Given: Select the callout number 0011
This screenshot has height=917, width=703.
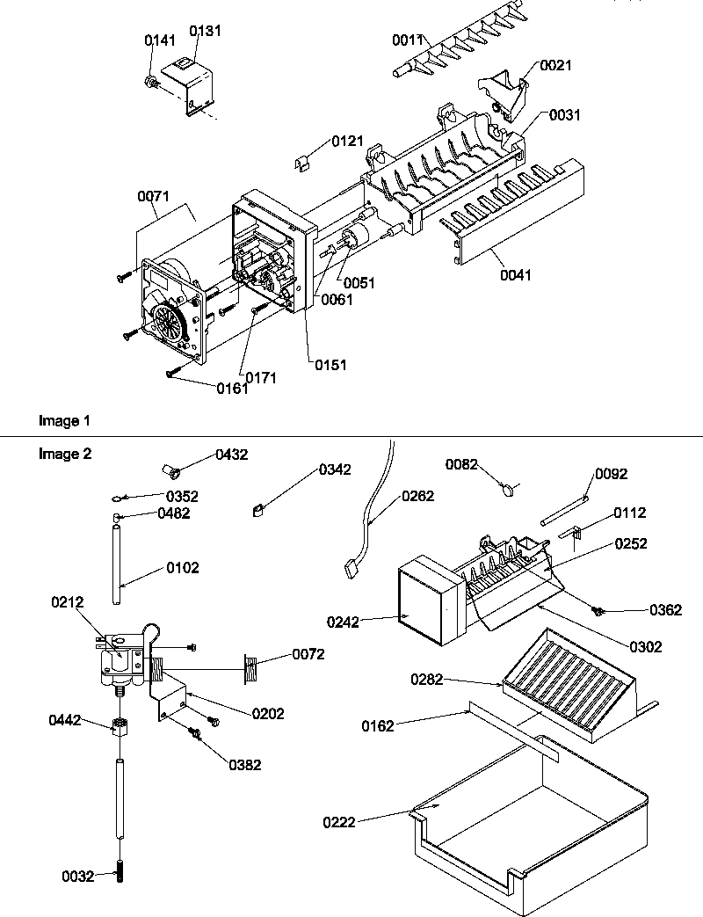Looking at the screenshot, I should click(408, 40).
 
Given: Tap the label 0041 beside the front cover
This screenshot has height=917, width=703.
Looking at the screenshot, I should click(517, 275).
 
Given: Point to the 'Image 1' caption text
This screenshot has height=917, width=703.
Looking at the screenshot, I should click(64, 421).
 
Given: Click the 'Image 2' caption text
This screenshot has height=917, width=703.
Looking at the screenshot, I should click(64, 455).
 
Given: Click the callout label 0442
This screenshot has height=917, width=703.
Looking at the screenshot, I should click(65, 721).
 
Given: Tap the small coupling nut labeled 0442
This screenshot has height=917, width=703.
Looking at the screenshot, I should click(119, 726).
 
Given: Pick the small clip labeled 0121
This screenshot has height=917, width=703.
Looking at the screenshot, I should click(301, 161).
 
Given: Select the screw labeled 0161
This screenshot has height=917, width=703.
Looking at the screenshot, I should click(172, 375).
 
